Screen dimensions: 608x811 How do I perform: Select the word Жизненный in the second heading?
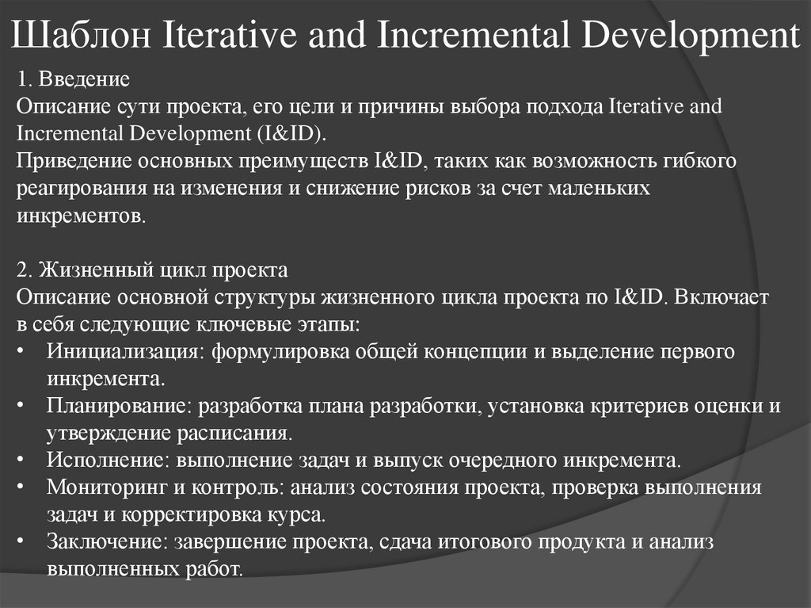click(85, 270)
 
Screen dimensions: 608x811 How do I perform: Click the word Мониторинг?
click(102, 487)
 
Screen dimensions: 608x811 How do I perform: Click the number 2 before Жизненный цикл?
click(21, 270)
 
